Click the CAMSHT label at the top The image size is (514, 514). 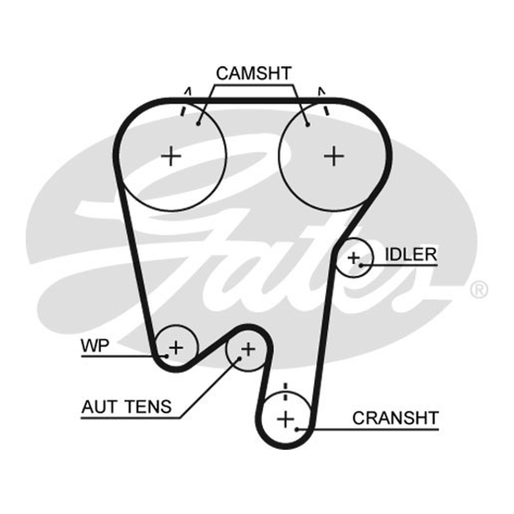tap(254, 73)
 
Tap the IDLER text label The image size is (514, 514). tap(411, 254)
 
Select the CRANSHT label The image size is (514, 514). tap(395, 418)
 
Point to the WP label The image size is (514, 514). tap(94, 346)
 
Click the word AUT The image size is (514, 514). tap(99, 407)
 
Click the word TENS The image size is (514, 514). tap(149, 407)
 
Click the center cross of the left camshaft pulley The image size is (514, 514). tap(171, 155)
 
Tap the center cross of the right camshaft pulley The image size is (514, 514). tap(333, 155)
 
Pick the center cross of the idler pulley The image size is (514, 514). tap(354, 258)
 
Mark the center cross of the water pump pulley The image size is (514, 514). tap(176, 348)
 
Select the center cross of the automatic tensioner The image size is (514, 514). tap(248, 350)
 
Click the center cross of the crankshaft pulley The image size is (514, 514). tap(285, 420)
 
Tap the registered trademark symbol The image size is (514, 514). tap(479, 290)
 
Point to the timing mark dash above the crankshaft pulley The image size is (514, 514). tap(285, 391)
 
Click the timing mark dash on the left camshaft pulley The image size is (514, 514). tap(182, 111)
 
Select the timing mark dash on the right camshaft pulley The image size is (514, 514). tap(326, 110)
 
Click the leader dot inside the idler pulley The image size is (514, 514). tap(361, 265)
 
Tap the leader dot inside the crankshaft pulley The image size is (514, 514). tap(297, 429)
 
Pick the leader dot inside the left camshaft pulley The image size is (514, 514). tap(198, 123)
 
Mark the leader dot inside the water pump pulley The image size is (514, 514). tap(167, 356)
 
